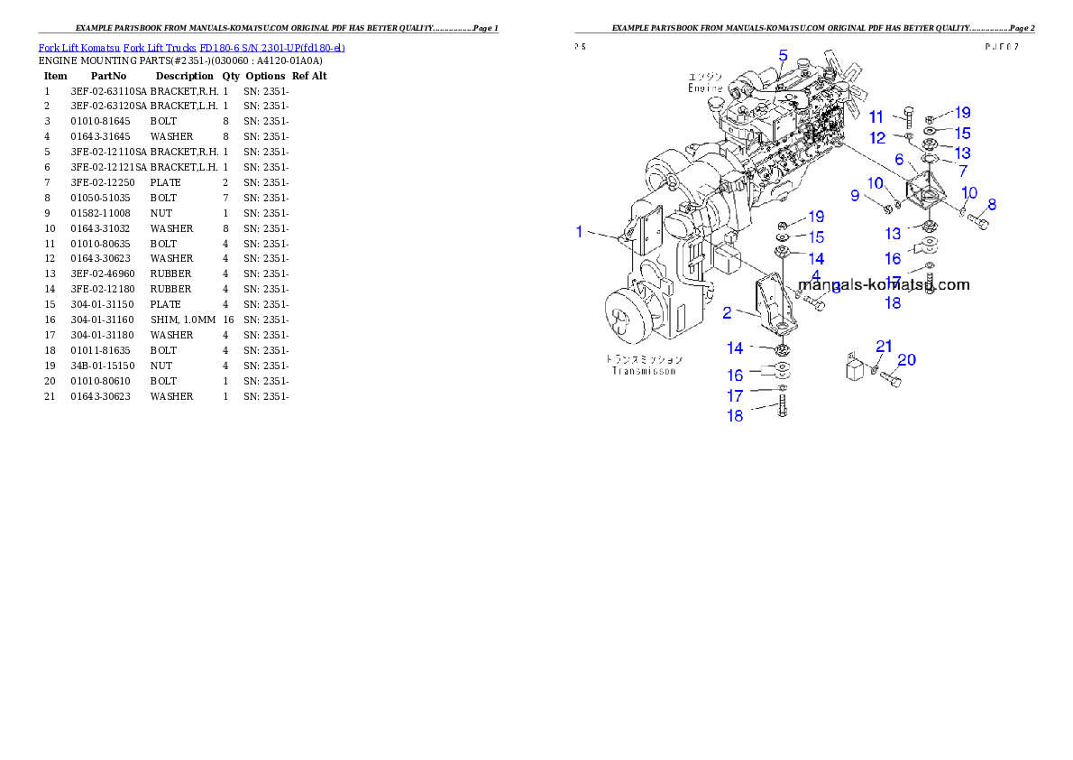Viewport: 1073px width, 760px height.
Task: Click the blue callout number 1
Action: [580, 232]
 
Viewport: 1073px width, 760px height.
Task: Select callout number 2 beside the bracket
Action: [727, 313]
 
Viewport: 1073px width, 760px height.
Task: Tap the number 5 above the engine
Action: [783, 55]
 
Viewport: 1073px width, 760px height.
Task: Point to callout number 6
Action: [899, 159]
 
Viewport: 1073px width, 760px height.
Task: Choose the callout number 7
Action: [963, 170]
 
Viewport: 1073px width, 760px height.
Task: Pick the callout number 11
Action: [876, 117]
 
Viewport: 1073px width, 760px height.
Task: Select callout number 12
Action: [878, 138]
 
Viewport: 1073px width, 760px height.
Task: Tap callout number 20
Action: [906, 360]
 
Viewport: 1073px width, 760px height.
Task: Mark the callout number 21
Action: [884, 347]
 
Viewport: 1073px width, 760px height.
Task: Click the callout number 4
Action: [815, 274]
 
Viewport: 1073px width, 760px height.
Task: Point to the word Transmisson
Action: [643, 370]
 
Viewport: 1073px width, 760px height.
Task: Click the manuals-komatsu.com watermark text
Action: [884, 284]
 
